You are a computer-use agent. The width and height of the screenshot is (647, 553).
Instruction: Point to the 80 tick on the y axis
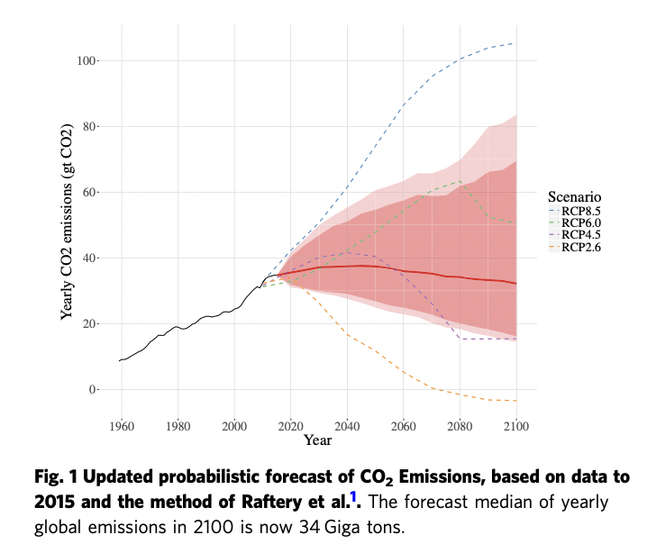pyautogui.click(x=89, y=126)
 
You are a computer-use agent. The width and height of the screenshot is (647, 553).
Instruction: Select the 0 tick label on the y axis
pyautogui.click(x=92, y=389)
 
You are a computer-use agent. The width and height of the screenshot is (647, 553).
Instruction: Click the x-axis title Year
pyautogui.click(x=318, y=440)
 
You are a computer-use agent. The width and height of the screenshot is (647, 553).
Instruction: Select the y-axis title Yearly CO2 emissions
pyautogui.click(x=67, y=235)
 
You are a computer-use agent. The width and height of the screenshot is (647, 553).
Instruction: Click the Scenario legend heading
pyautogui.click(x=574, y=196)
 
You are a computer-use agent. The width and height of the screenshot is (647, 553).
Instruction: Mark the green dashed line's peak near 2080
pyautogui.click(x=460, y=181)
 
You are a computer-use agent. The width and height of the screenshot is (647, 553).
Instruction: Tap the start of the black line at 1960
pyautogui.click(x=121, y=360)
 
